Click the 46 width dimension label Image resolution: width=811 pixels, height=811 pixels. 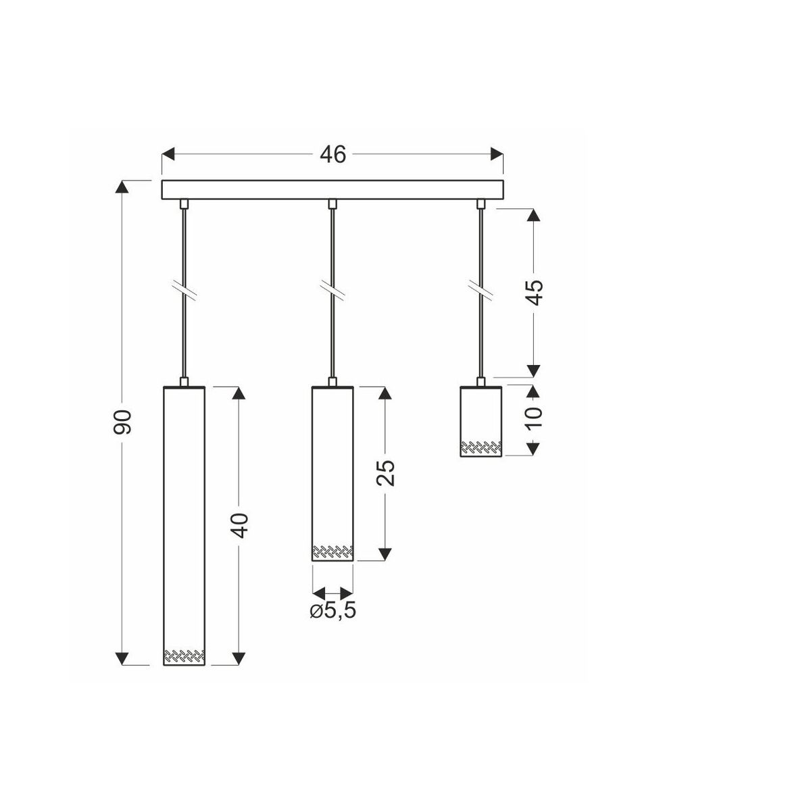[x=333, y=155]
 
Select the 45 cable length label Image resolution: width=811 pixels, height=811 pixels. [x=535, y=292]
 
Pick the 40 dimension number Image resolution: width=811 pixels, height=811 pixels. [x=240, y=525]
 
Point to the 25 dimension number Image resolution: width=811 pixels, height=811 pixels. [x=385, y=473]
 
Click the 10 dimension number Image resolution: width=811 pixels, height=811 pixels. [x=535, y=418]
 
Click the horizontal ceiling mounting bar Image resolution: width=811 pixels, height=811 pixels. [x=333, y=190]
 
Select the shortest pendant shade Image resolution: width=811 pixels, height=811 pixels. [x=481, y=421]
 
